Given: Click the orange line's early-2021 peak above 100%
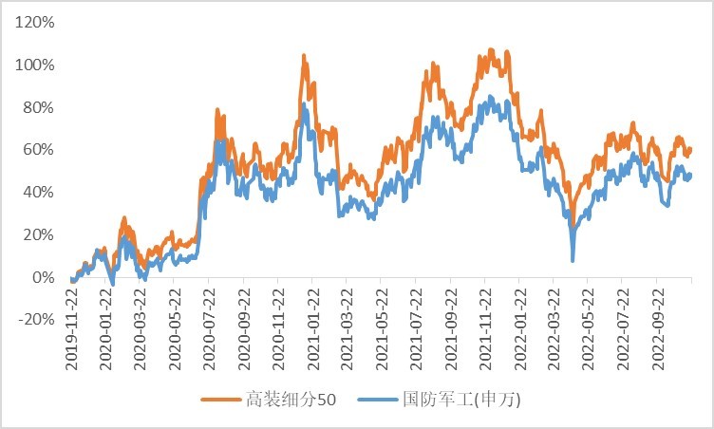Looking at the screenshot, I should click(x=304, y=57).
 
